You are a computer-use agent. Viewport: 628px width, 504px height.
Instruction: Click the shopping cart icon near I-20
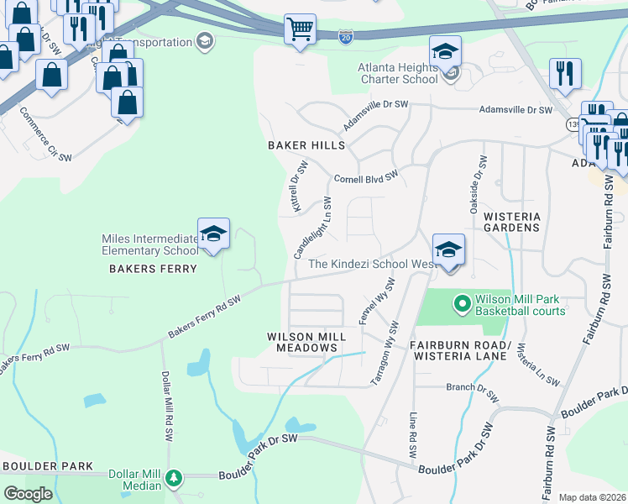click(300, 29)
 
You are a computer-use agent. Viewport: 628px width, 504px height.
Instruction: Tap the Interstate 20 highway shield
click(346, 36)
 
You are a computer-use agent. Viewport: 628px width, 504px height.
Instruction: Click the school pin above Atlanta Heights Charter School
click(445, 52)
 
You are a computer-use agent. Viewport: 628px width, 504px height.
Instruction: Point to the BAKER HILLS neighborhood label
click(306, 145)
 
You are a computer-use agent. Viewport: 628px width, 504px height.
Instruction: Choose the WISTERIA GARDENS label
click(511, 222)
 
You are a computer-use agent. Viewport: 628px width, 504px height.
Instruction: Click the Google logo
click(28, 493)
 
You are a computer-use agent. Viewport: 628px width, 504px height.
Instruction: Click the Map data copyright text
click(592, 497)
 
